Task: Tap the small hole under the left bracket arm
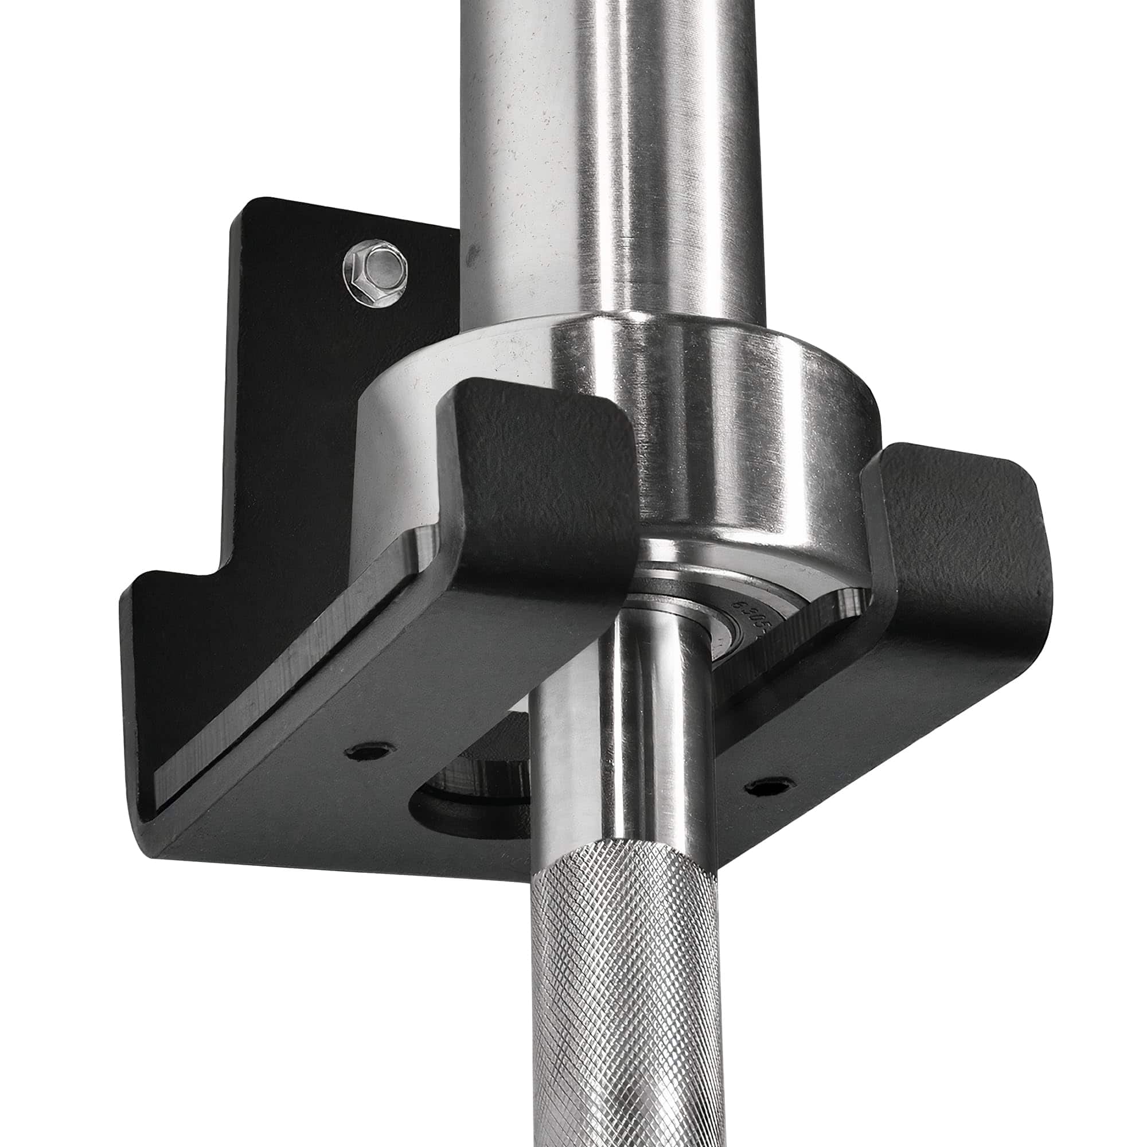pos(368,753)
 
